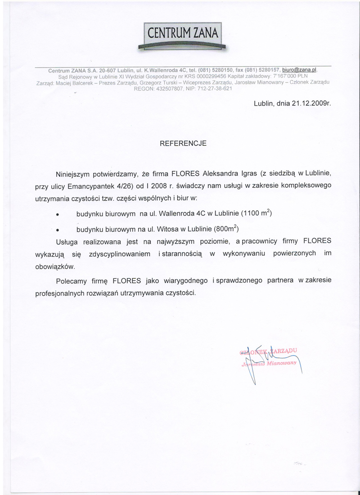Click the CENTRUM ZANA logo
tap(183, 35)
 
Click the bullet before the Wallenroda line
tap(58, 214)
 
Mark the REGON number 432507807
tap(166, 89)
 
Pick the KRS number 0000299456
tap(203, 77)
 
